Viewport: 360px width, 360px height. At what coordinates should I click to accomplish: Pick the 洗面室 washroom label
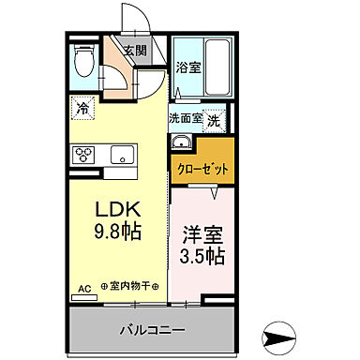pyautogui.click(x=185, y=119)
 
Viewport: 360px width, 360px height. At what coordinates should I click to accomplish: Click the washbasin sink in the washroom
pyautogui.click(x=180, y=143)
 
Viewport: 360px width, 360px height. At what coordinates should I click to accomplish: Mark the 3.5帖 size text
pyautogui.click(x=203, y=256)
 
